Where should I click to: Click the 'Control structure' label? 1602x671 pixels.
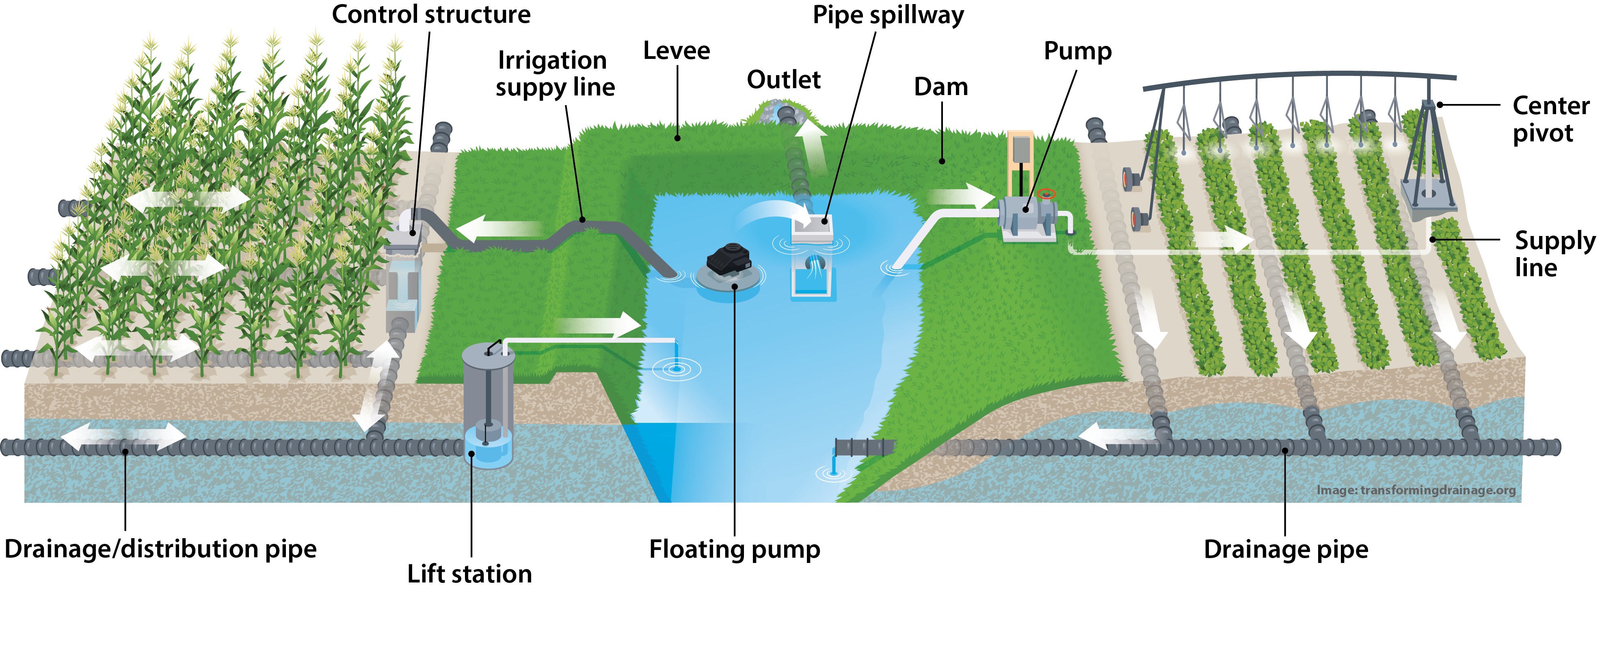(x=431, y=14)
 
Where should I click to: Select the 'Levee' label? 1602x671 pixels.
(x=676, y=50)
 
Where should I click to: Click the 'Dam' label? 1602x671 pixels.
(x=940, y=87)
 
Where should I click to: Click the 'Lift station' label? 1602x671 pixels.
(x=469, y=574)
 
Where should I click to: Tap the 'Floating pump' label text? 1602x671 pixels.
(x=735, y=549)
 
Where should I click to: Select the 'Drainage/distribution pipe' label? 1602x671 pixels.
(x=160, y=548)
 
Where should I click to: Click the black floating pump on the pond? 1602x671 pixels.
(x=729, y=260)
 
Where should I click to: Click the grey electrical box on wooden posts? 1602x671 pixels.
(x=1020, y=149)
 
